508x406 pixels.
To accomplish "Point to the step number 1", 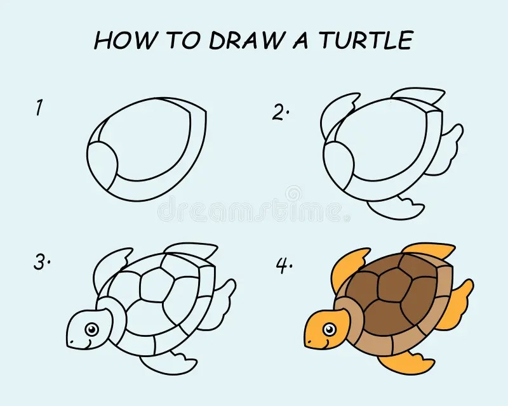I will (x=39, y=108).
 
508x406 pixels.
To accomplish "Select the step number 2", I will (x=280, y=112).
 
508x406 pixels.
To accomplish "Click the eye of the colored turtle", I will (x=329, y=329).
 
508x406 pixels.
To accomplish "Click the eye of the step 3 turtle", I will (x=92, y=329).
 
